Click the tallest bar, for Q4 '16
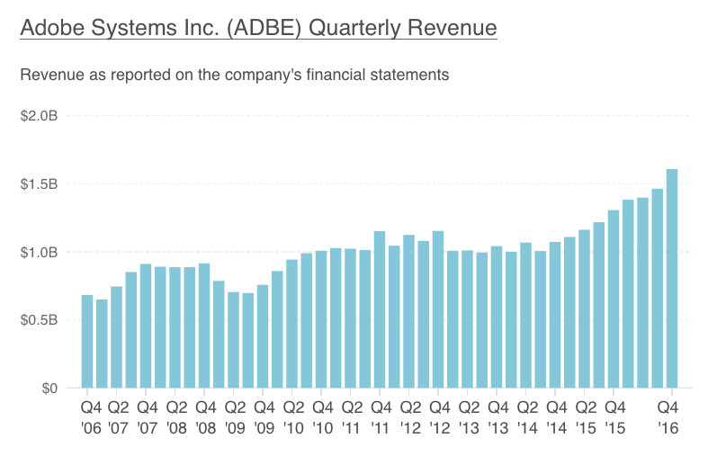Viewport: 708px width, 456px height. tap(672, 278)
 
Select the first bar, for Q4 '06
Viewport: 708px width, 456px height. tap(87, 341)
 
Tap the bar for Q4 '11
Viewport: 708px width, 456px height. tap(380, 309)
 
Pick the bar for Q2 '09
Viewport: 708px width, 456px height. tap(233, 340)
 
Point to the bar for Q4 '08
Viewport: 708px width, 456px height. tap(204, 326)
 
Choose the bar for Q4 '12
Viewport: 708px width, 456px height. tap(438, 309)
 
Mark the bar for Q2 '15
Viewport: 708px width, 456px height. tap(584, 308)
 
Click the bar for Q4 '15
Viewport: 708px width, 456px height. tap(614, 299)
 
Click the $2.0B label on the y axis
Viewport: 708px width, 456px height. tap(39, 116)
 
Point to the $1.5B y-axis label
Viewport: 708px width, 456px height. tap(39, 184)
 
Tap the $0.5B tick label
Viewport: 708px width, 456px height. tap(39, 320)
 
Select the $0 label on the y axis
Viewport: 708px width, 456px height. tap(49, 389)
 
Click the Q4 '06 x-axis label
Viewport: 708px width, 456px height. tap(91, 417)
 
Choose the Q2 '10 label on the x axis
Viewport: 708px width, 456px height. tap(294, 417)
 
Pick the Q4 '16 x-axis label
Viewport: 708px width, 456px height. tap(668, 417)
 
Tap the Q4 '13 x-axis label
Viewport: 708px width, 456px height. tap(498, 417)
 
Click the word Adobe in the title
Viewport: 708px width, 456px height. tap(52, 28)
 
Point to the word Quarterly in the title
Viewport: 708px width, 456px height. tap(354, 29)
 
